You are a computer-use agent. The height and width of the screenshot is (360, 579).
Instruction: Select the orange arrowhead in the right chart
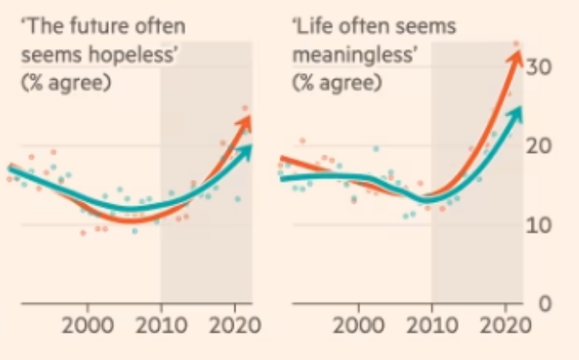point(517,58)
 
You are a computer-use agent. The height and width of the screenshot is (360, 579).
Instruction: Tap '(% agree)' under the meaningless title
point(337,84)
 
